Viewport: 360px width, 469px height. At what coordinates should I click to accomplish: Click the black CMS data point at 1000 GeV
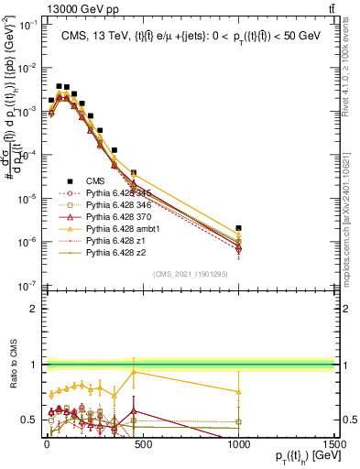[238, 228]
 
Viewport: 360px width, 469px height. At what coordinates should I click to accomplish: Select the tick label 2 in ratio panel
[33, 308]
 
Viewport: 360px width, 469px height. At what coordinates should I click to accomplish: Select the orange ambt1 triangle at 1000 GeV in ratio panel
[238, 391]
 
